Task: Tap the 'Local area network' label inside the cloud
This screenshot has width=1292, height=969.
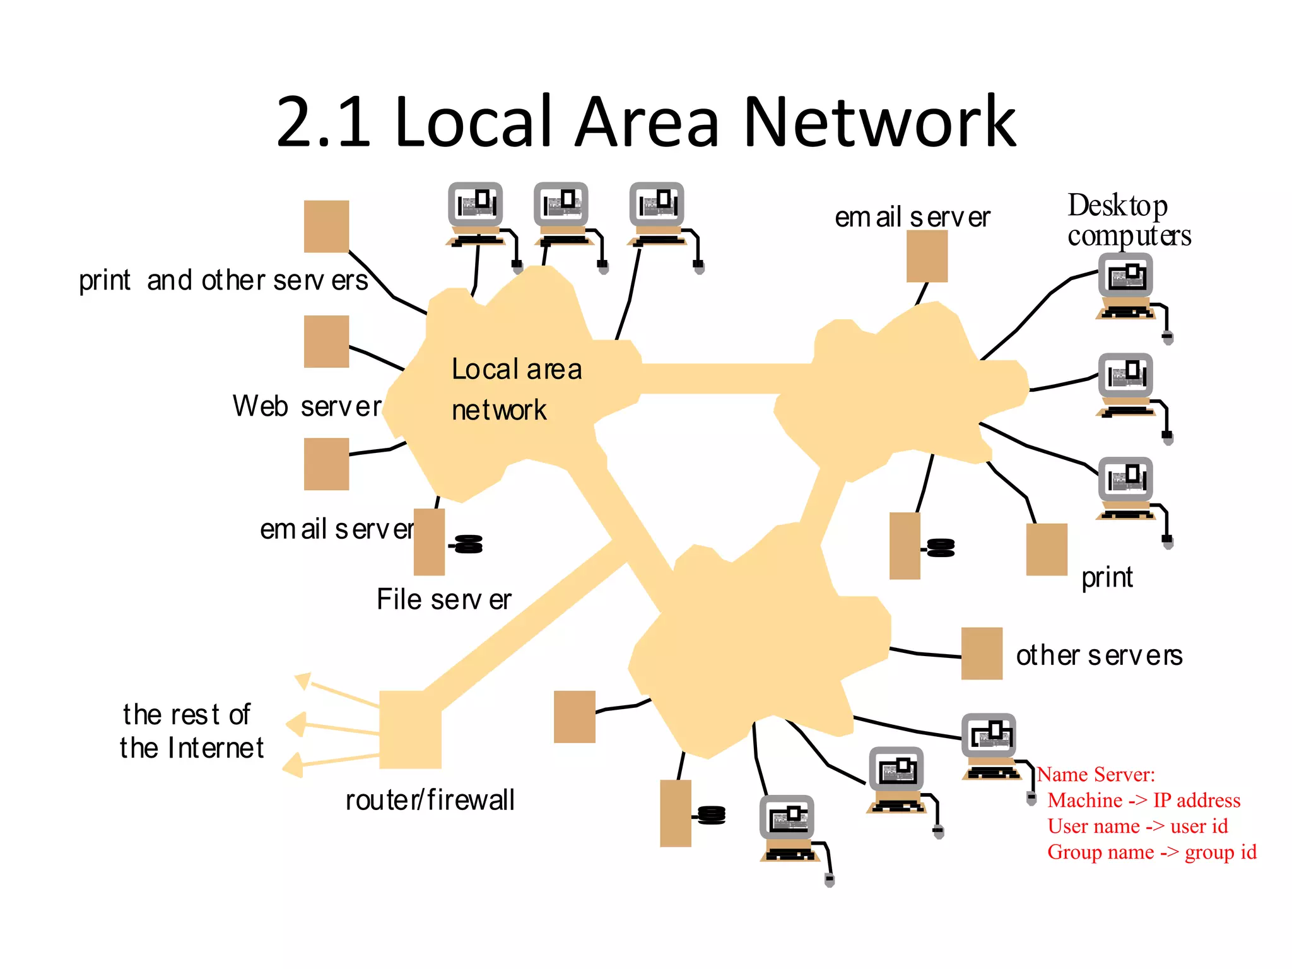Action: click(516, 389)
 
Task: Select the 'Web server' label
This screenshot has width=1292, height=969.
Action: click(307, 406)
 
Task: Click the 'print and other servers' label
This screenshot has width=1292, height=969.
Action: click(223, 280)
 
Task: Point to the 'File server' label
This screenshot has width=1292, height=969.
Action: click(443, 599)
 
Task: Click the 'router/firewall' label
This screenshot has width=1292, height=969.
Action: click(430, 800)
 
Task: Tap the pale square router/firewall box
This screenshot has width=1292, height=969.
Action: click(410, 729)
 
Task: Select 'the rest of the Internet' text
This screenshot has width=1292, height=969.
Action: click(191, 731)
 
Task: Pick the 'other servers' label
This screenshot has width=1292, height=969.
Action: click(1099, 655)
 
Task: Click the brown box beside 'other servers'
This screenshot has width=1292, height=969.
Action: click(982, 654)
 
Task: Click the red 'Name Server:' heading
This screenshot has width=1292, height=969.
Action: click(1096, 774)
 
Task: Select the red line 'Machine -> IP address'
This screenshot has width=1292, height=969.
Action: click(1144, 800)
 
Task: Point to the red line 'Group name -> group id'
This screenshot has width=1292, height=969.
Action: click(1152, 852)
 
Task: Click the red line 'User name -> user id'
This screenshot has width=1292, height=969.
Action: click(1137, 826)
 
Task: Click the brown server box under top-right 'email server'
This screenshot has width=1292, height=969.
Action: click(927, 256)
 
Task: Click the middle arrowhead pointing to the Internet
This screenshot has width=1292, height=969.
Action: click(296, 724)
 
